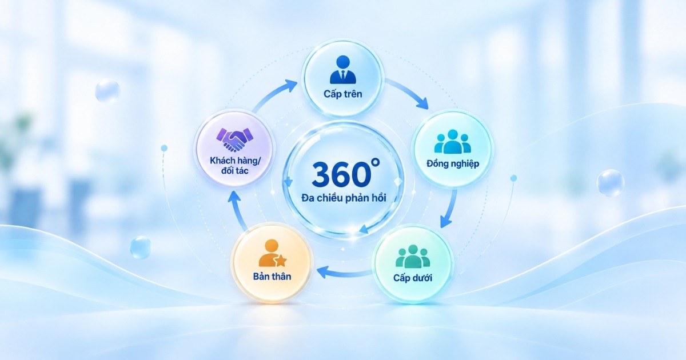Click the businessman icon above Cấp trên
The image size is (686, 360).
(342, 70)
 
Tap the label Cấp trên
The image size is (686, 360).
(342, 94)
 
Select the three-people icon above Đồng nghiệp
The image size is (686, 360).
(452, 142)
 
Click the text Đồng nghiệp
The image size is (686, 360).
(453, 164)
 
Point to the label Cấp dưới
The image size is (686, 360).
(413, 278)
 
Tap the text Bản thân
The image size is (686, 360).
(272, 277)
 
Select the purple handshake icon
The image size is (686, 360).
(234, 140)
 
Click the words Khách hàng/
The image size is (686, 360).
(235, 161)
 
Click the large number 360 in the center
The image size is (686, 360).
(341, 174)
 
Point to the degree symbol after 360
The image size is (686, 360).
(376, 162)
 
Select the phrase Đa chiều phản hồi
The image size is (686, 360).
(344, 198)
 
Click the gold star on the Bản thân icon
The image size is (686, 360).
(281, 261)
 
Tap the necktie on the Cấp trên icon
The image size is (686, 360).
(342, 75)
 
